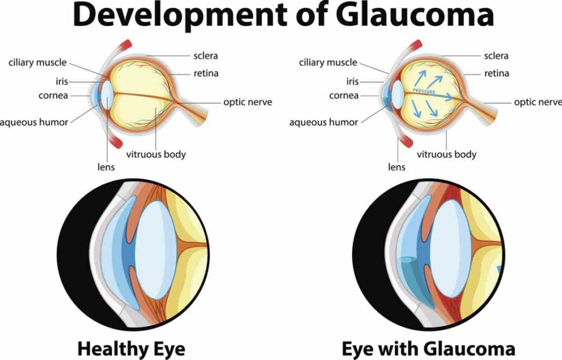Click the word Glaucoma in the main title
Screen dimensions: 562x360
pos(416,15)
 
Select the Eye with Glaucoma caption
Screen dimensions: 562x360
pos(428,348)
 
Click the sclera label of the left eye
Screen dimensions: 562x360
pos(206,56)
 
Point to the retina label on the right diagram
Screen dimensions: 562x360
pos(496,74)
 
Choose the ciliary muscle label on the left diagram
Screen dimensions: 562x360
pos(38,63)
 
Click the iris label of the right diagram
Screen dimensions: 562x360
pos(353,82)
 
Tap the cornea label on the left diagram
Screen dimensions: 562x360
pos(53,96)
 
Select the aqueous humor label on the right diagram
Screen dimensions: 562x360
pos(324,122)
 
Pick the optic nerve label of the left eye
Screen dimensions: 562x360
pos(248,102)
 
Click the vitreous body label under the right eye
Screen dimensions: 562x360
pos(447,155)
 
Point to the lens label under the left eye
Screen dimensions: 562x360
pos(106,167)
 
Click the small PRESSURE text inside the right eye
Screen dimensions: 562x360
pos(424,91)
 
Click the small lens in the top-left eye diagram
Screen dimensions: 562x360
pos(107,95)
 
